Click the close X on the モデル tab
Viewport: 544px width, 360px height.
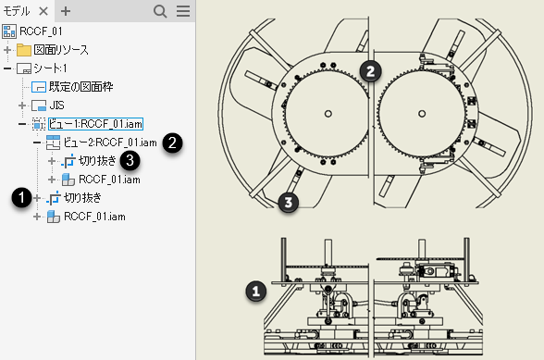coord(43,11)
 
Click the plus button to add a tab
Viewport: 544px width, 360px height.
coord(66,11)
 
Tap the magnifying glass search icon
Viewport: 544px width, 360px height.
coord(160,11)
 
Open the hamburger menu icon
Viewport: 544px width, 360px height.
coord(183,11)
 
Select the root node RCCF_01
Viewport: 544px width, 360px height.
coord(41,31)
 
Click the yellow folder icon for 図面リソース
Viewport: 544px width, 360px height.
coord(24,50)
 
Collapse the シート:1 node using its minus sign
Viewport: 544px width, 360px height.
coord(7,68)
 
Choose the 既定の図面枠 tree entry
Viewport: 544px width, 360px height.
coord(80,87)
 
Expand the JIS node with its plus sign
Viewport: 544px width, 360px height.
coord(22,106)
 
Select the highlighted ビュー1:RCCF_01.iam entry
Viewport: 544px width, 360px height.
coord(95,124)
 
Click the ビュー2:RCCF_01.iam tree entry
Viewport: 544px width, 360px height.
coord(110,143)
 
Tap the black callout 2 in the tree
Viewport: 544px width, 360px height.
coord(172,143)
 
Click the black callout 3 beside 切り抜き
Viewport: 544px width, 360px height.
coord(130,161)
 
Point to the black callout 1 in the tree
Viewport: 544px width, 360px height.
coord(21,197)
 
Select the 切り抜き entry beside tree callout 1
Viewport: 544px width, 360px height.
coord(82,198)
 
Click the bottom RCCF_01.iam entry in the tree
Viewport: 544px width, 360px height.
coord(94,217)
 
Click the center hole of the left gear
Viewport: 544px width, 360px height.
coord(328,114)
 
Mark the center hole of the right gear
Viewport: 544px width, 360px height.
coord(422,114)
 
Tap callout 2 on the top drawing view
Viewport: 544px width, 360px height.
coord(370,71)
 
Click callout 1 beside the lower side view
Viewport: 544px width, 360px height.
coord(256,291)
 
